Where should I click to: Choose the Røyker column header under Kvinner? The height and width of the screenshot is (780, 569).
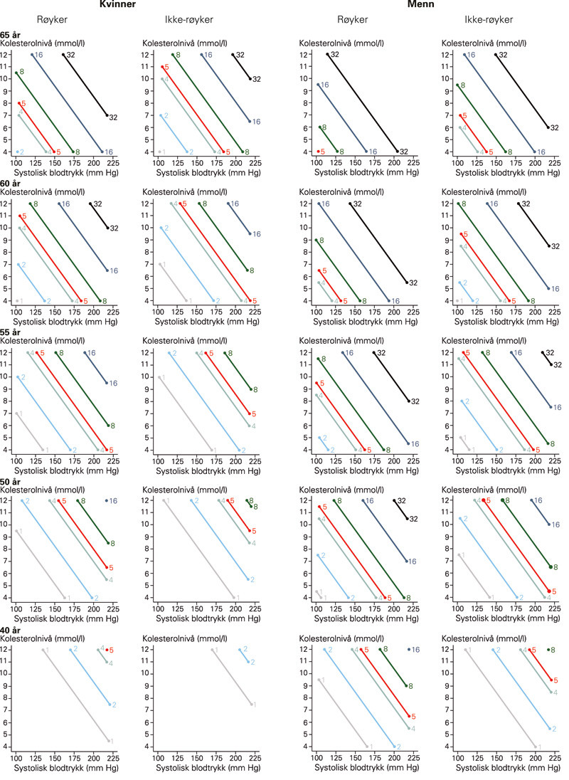click(54, 19)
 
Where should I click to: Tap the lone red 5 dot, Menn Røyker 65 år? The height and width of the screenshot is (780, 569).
click(318, 152)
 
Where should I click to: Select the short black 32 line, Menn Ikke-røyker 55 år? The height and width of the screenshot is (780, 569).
click(547, 358)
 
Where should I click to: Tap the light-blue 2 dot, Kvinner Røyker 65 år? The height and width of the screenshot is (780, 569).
click(17, 152)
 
